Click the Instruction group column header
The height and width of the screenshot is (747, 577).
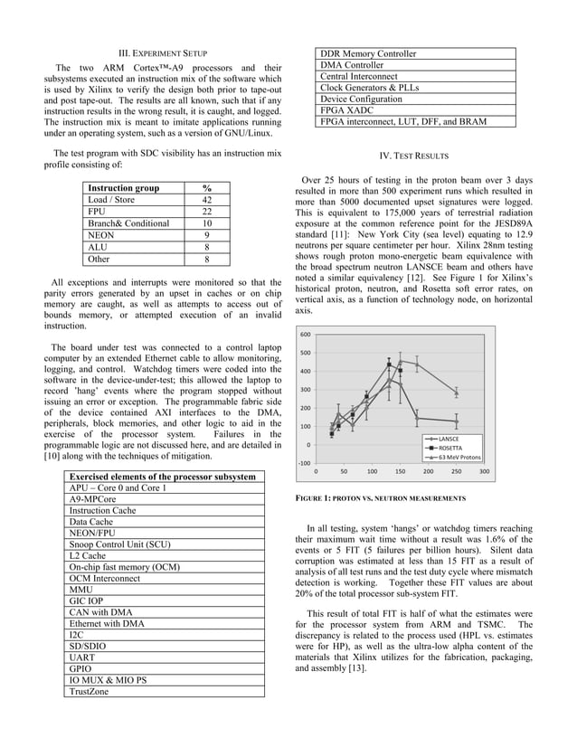(123, 188)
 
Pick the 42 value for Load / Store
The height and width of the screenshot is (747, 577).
(207, 200)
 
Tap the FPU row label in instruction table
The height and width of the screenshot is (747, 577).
(97, 212)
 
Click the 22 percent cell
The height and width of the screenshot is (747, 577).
(207, 212)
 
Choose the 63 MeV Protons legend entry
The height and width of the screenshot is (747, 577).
(457, 457)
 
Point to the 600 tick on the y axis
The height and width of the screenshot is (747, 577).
(306, 335)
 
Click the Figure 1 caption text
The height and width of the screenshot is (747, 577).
(381, 499)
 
